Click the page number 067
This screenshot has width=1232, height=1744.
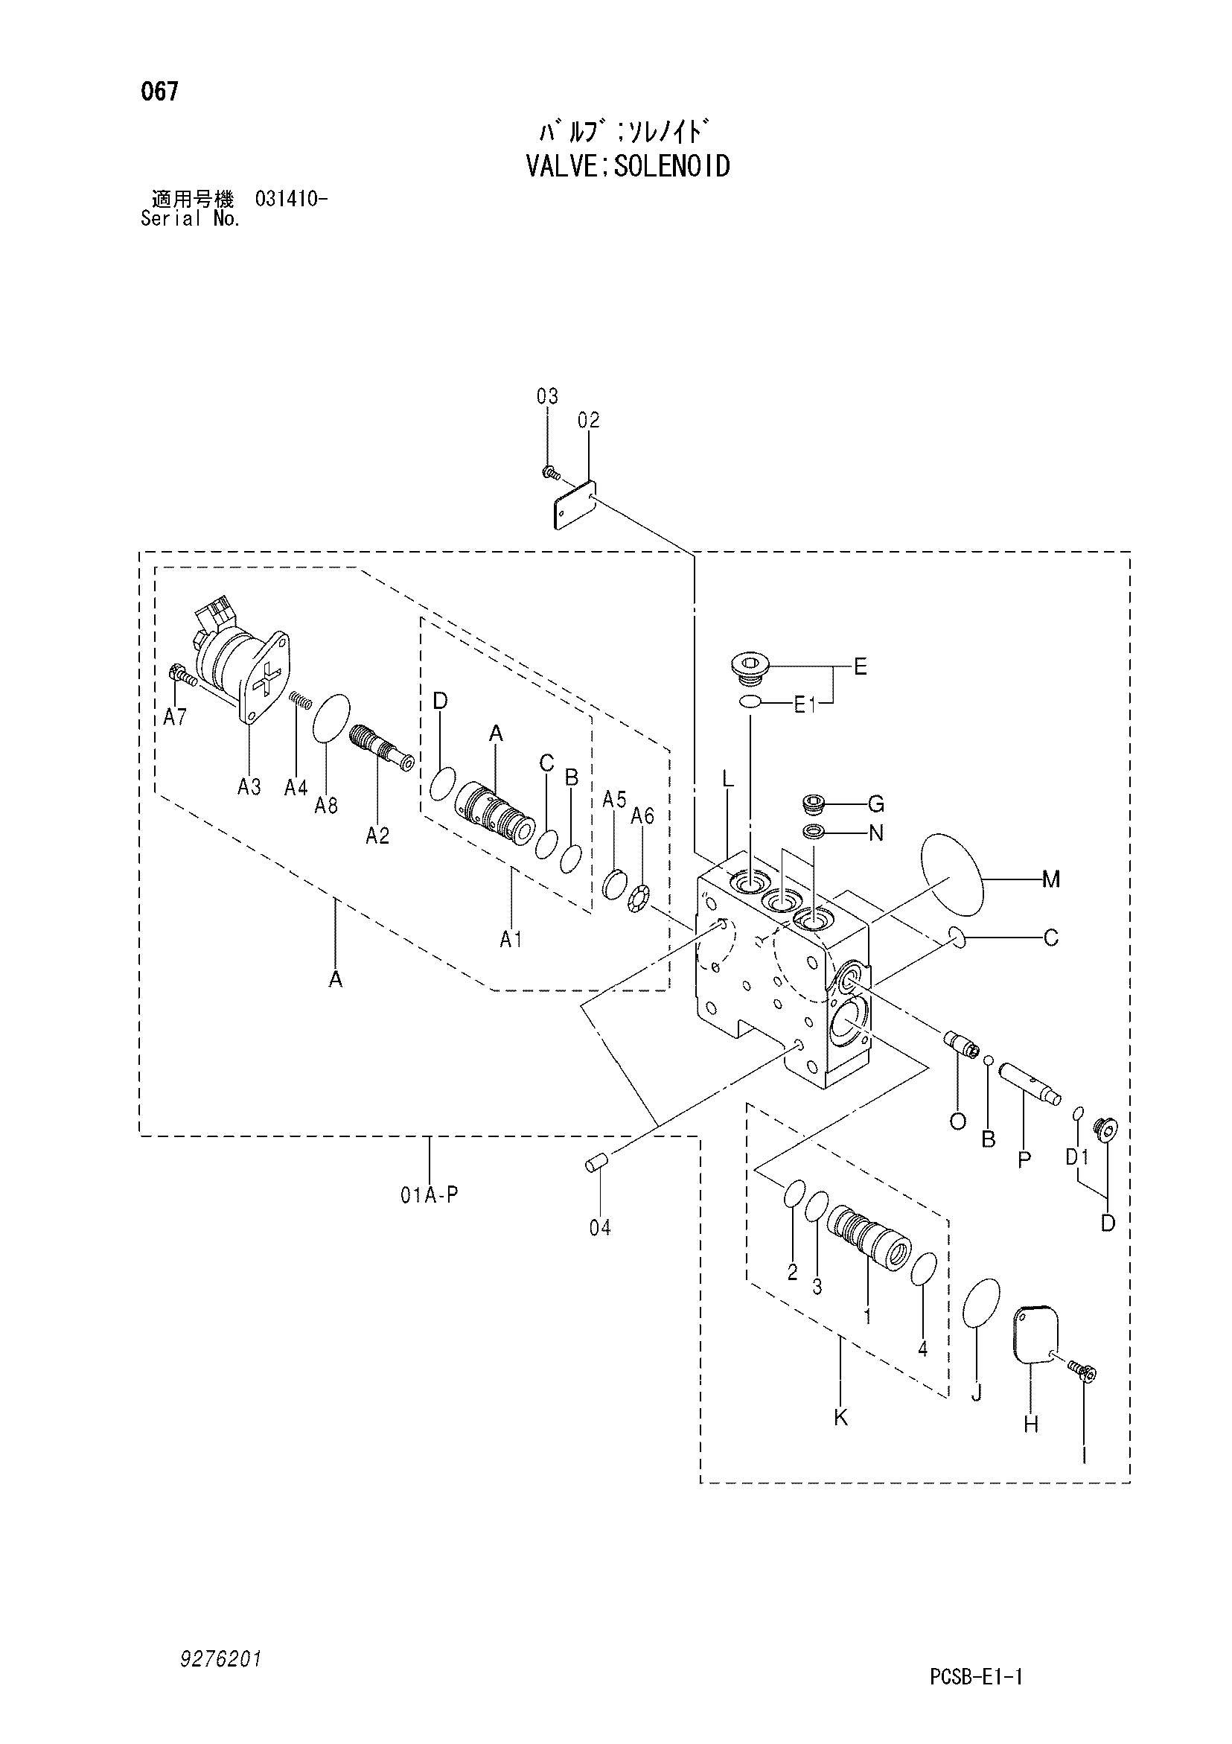click(x=159, y=92)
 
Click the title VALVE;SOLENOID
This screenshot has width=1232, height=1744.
click(x=628, y=165)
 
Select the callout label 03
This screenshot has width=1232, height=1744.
click(x=547, y=396)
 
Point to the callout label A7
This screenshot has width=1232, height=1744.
click(x=175, y=717)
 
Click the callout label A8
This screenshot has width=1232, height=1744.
click(x=326, y=805)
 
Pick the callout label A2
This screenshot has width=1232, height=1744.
click(x=377, y=836)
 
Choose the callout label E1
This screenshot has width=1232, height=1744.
click(x=805, y=705)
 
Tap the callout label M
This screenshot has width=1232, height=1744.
click(x=1050, y=879)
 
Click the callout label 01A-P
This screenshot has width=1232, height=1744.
click(x=430, y=1196)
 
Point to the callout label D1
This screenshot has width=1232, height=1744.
click(x=1077, y=1158)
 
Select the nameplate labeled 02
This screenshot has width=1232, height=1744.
click(x=574, y=503)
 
